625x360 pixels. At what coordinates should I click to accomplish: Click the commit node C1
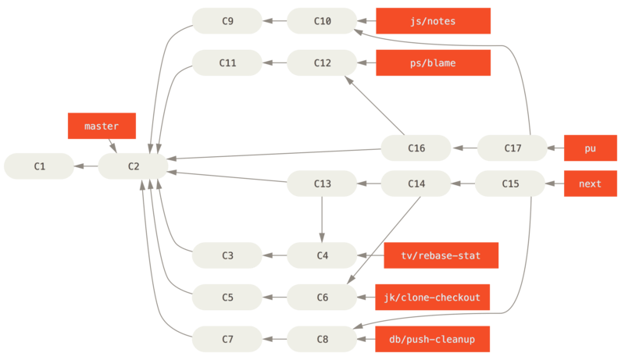tap(39, 166)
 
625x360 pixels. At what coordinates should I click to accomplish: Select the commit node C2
tap(133, 166)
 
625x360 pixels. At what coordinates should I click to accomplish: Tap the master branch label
tap(102, 127)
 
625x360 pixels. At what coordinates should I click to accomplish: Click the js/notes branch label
tap(433, 21)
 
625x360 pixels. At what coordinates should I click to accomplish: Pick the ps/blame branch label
tap(433, 62)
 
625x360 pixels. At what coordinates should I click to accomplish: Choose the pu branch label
tap(590, 147)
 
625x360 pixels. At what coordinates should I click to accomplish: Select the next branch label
tap(590, 184)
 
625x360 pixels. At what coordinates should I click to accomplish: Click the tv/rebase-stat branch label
tap(441, 255)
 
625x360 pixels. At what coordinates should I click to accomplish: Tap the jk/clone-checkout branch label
tap(433, 298)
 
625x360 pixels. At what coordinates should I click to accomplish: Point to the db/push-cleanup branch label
tap(433, 340)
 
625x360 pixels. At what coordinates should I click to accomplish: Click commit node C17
tap(512, 147)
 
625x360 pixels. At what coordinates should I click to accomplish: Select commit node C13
tap(322, 184)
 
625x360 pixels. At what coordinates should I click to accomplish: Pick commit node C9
tap(227, 21)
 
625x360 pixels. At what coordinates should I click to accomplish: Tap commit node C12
tap(322, 62)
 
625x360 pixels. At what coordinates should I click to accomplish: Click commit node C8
tap(322, 340)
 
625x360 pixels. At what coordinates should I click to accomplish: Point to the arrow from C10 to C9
tap(274, 21)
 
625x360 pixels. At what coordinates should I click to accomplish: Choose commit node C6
tap(322, 298)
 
